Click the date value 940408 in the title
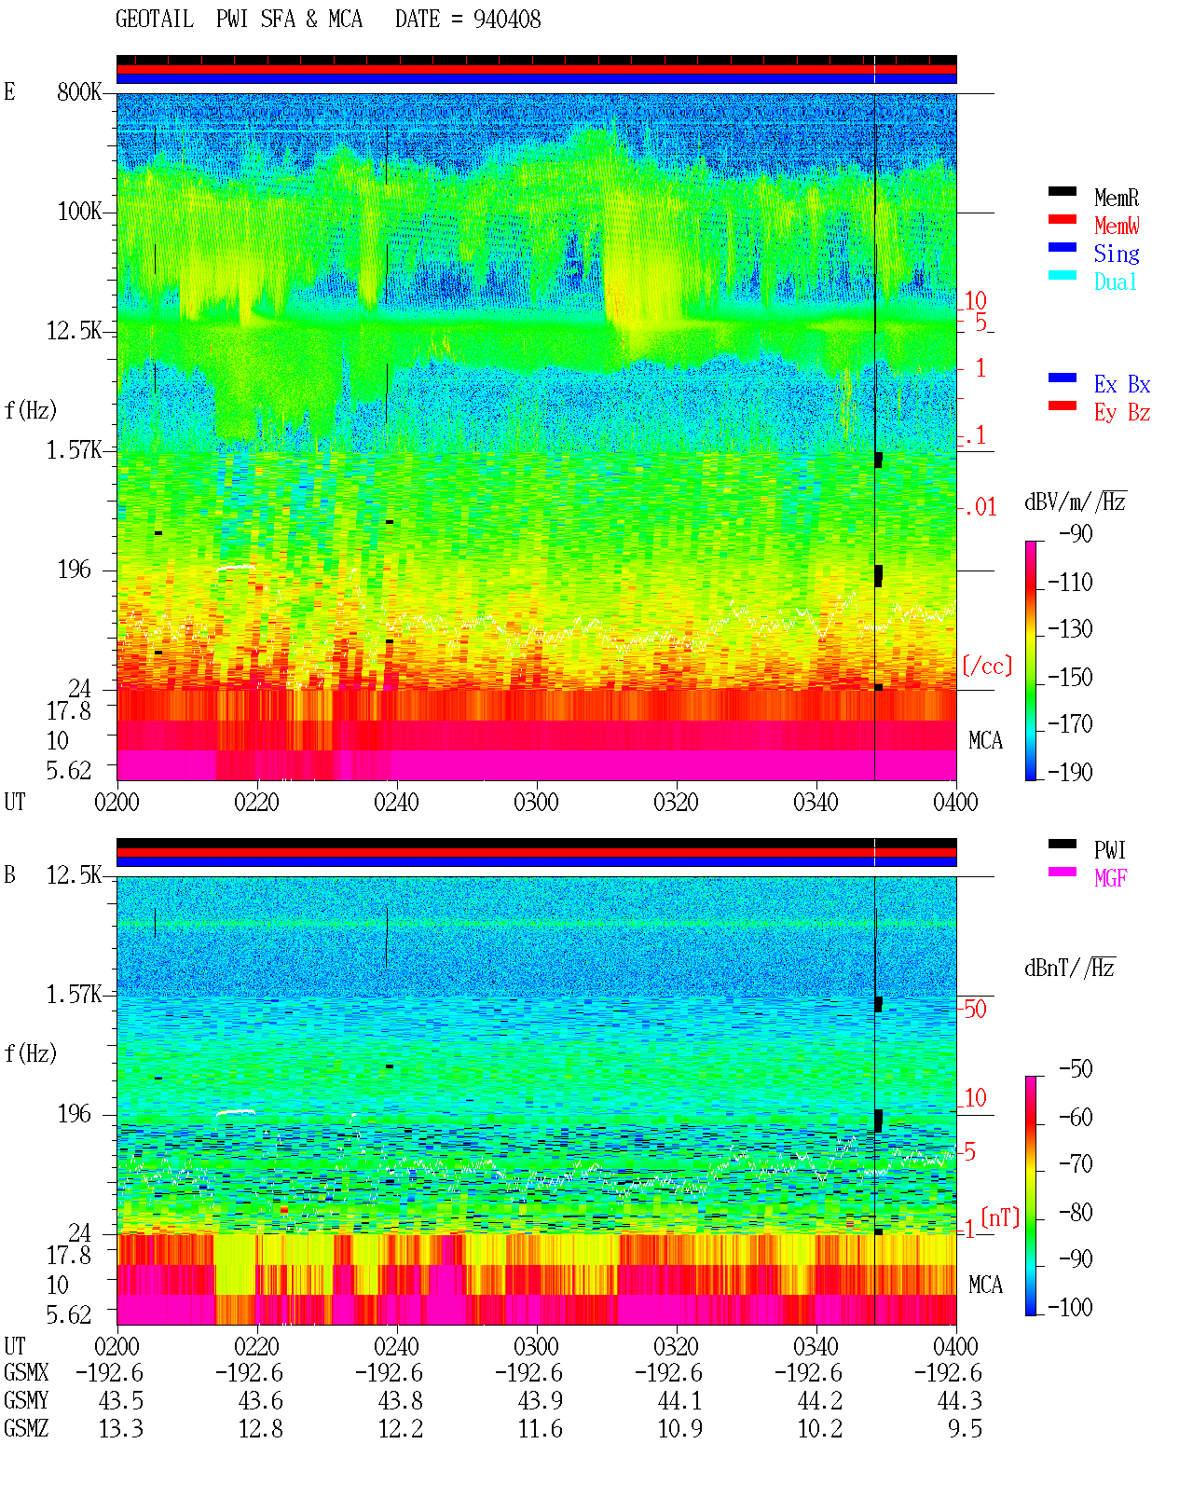(506, 20)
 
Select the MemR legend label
(1116, 198)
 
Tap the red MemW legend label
(1117, 226)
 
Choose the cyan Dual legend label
(1115, 282)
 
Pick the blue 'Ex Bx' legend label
(1122, 384)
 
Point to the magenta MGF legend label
(1110, 878)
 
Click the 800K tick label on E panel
(79, 91)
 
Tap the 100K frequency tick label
(79, 212)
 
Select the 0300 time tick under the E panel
(536, 802)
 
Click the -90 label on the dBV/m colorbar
(1076, 533)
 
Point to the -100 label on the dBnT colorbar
(1070, 1307)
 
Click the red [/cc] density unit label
(987, 666)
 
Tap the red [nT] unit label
(1000, 1217)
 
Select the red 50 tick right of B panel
(975, 1009)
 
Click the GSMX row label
(26, 1372)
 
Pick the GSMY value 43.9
(541, 1401)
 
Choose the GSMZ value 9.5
(965, 1428)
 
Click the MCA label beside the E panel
(985, 740)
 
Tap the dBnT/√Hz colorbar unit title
(1069, 968)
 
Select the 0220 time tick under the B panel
(256, 1346)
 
